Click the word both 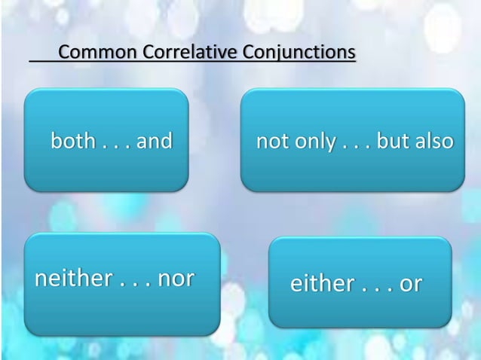tap(73, 141)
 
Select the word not tap(271, 142)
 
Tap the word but tap(391, 142)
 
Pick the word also tap(434, 142)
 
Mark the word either tap(322, 285)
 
